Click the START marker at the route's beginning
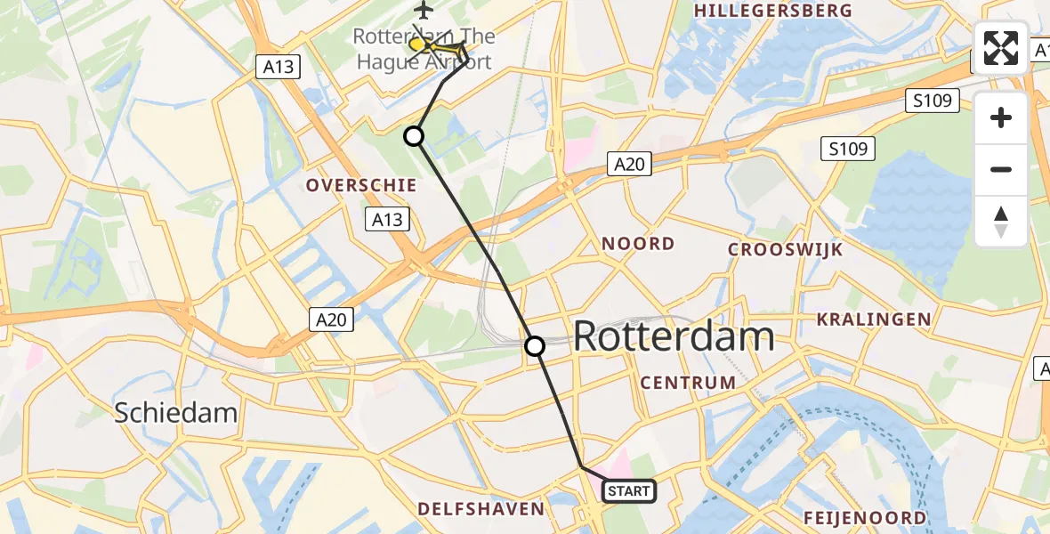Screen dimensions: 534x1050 629,490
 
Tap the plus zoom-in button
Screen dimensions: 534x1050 1001,117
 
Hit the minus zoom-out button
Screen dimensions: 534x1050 1001,169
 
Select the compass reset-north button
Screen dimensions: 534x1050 1001,221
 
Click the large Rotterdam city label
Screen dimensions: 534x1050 674,337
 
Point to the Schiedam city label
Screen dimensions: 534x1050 176,413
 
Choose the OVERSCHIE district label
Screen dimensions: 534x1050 361,185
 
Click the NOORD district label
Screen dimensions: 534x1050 638,244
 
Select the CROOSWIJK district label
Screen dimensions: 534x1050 785,249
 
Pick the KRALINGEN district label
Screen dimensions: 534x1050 875,319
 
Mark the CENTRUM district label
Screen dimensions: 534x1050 689,383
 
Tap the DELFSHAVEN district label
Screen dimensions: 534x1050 494,509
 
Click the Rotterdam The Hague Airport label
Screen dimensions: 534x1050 424,50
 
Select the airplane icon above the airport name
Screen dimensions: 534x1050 423,11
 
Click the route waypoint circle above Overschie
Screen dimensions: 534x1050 414,136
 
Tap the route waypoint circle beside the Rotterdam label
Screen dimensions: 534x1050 535,346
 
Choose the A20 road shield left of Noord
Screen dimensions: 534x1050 630,163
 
